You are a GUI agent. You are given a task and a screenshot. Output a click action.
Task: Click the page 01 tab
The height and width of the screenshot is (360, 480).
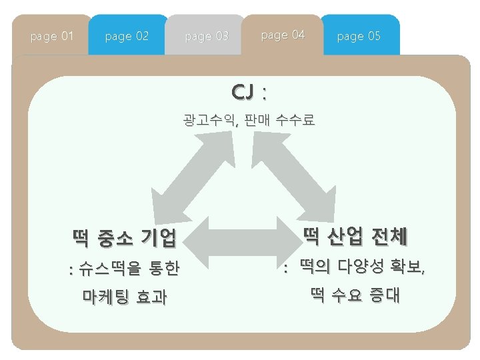pyautogui.click(x=52, y=36)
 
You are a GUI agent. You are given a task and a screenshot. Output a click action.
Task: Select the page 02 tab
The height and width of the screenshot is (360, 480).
pyautogui.click(x=127, y=36)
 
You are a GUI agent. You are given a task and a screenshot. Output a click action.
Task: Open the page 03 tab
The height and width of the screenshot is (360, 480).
pyautogui.click(x=207, y=36)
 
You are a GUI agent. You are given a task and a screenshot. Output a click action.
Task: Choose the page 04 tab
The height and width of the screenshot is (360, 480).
pyautogui.click(x=283, y=35)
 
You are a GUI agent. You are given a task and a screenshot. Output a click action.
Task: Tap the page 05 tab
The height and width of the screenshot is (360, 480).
pyautogui.click(x=359, y=36)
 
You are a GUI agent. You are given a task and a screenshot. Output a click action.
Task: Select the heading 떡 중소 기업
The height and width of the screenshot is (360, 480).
pyautogui.click(x=125, y=236)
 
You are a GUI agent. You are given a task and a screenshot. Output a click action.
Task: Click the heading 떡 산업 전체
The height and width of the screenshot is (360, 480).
pyautogui.click(x=355, y=235)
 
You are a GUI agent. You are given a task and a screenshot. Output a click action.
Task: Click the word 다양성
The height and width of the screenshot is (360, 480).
pyautogui.click(x=361, y=267)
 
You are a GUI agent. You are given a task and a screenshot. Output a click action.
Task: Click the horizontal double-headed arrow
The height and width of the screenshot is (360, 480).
pyautogui.click(x=239, y=237)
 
